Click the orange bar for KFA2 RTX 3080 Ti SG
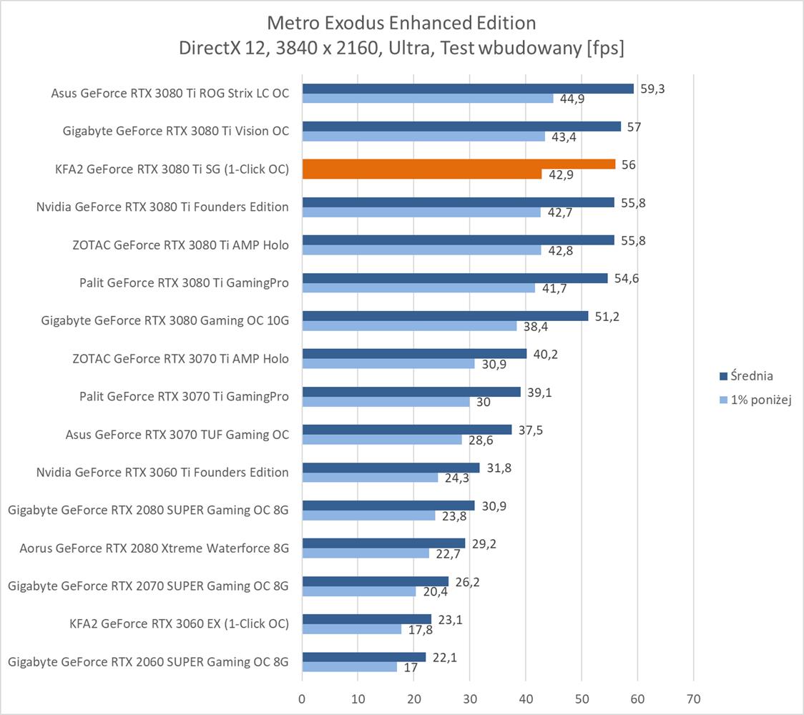coord(458,164)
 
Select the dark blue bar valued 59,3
coord(468,89)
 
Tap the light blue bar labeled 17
coord(349,667)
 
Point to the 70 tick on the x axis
coord(693,698)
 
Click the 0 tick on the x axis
coord(302,698)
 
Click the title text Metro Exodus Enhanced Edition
coord(401,23)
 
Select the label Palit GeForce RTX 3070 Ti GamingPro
coord(184,396)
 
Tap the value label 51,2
coord(607,316)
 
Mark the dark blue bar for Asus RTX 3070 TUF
coord(406,429)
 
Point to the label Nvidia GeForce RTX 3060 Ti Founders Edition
coord(162,472)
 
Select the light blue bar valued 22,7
coord(366,553)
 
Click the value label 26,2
coord(467,582)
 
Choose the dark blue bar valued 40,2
coord(414,353)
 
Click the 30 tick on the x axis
coord(469,698)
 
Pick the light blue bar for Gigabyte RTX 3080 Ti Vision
coord(423,137)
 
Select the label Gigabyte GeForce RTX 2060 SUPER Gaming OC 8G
coord(148,661)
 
